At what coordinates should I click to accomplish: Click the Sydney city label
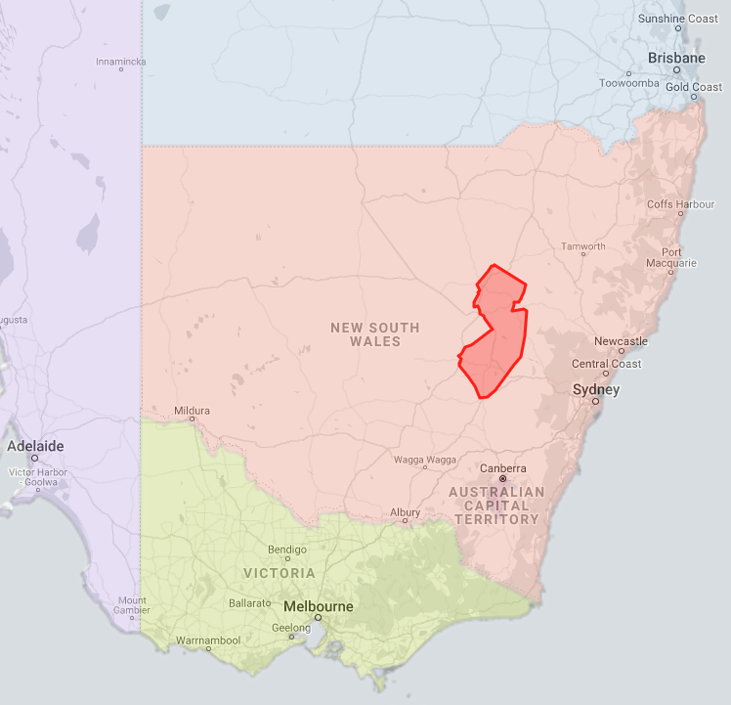pyautogui.click(x=596, y=390)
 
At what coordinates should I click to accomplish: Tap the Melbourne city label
pyautogui.click(x=319, y=606)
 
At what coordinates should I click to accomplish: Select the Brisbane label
pyautogui.click(x=676, y=59)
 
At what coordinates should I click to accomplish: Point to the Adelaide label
pyautogui.click(x=35, y=446)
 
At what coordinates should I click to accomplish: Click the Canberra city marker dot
pyautogui.click(x=503, y=479)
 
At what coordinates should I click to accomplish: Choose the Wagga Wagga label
pyautogui.click(x=425, y=460)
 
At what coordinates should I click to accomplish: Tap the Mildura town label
pyautogui.click(x=192, y=412)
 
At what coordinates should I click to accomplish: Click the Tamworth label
pyautogui.click(x=583, y=246)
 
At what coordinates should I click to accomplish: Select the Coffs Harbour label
pyautogui.click(x=681, y=204)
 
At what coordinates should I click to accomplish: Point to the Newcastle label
pyautogui.click(x=621, y=341)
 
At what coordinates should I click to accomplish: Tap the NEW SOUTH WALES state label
pyautogui.click(x=374, y=334)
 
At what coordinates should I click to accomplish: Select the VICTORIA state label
pyautogui.click(x=279, y=573)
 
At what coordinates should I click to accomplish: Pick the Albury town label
pyautogui.click(x=405, y=512)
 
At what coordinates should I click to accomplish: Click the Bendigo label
pyautogui.click(x=287, y=550)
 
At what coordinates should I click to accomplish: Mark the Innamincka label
pyautogui.click(x=121, y=62)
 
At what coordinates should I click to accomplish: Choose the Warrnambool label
pyautogui.click(x=207, y=640)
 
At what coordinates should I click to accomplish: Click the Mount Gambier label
pyautogui.click(x=132, y=605)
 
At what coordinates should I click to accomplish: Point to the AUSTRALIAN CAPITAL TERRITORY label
pyautogui.click(x=497, y=506)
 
